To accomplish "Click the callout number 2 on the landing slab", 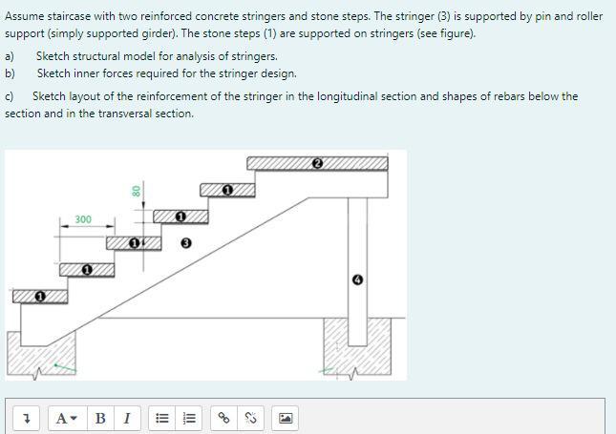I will coord(317,163).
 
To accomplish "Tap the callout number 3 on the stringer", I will coord(185,243).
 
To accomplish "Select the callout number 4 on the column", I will coord(357,279).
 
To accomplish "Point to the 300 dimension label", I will coord(83,220).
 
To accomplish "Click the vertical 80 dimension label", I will coord(137,190).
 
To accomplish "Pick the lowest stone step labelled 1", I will coord(40,298).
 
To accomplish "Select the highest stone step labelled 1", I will coord(227,191).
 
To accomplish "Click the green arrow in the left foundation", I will coord(63,365).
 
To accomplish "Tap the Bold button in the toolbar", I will coord(101,418).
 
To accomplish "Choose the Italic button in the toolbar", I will coord(126,418).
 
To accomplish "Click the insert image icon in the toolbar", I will coord(286,418).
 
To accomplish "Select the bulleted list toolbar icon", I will coord(162,418).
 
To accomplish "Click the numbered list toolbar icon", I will coord(189,418).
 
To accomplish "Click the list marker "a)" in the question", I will coord(11,56).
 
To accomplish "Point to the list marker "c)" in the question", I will coord(10,96).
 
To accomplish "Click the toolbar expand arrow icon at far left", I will coord(29,418).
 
